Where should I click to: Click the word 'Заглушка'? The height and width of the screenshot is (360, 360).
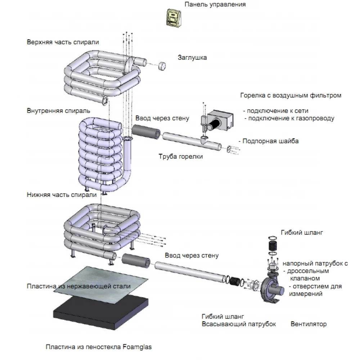point(192,57)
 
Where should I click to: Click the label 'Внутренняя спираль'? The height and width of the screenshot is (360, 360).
point(58,110)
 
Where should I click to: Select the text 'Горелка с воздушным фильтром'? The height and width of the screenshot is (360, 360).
point(291,96)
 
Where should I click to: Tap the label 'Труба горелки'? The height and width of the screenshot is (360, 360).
point(181,157)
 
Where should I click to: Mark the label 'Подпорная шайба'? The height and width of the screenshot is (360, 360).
point(270,141)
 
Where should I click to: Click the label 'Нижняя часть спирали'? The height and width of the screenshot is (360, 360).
point(62,195)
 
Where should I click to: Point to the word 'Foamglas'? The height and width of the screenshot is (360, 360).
point(137,347)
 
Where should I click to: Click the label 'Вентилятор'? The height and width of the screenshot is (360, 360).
point(309,324)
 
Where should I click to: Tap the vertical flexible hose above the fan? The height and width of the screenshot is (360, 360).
point(273,247)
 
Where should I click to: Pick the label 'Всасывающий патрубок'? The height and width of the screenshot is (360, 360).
point(239,324)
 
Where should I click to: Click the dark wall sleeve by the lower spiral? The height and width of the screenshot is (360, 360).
point(136,260)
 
